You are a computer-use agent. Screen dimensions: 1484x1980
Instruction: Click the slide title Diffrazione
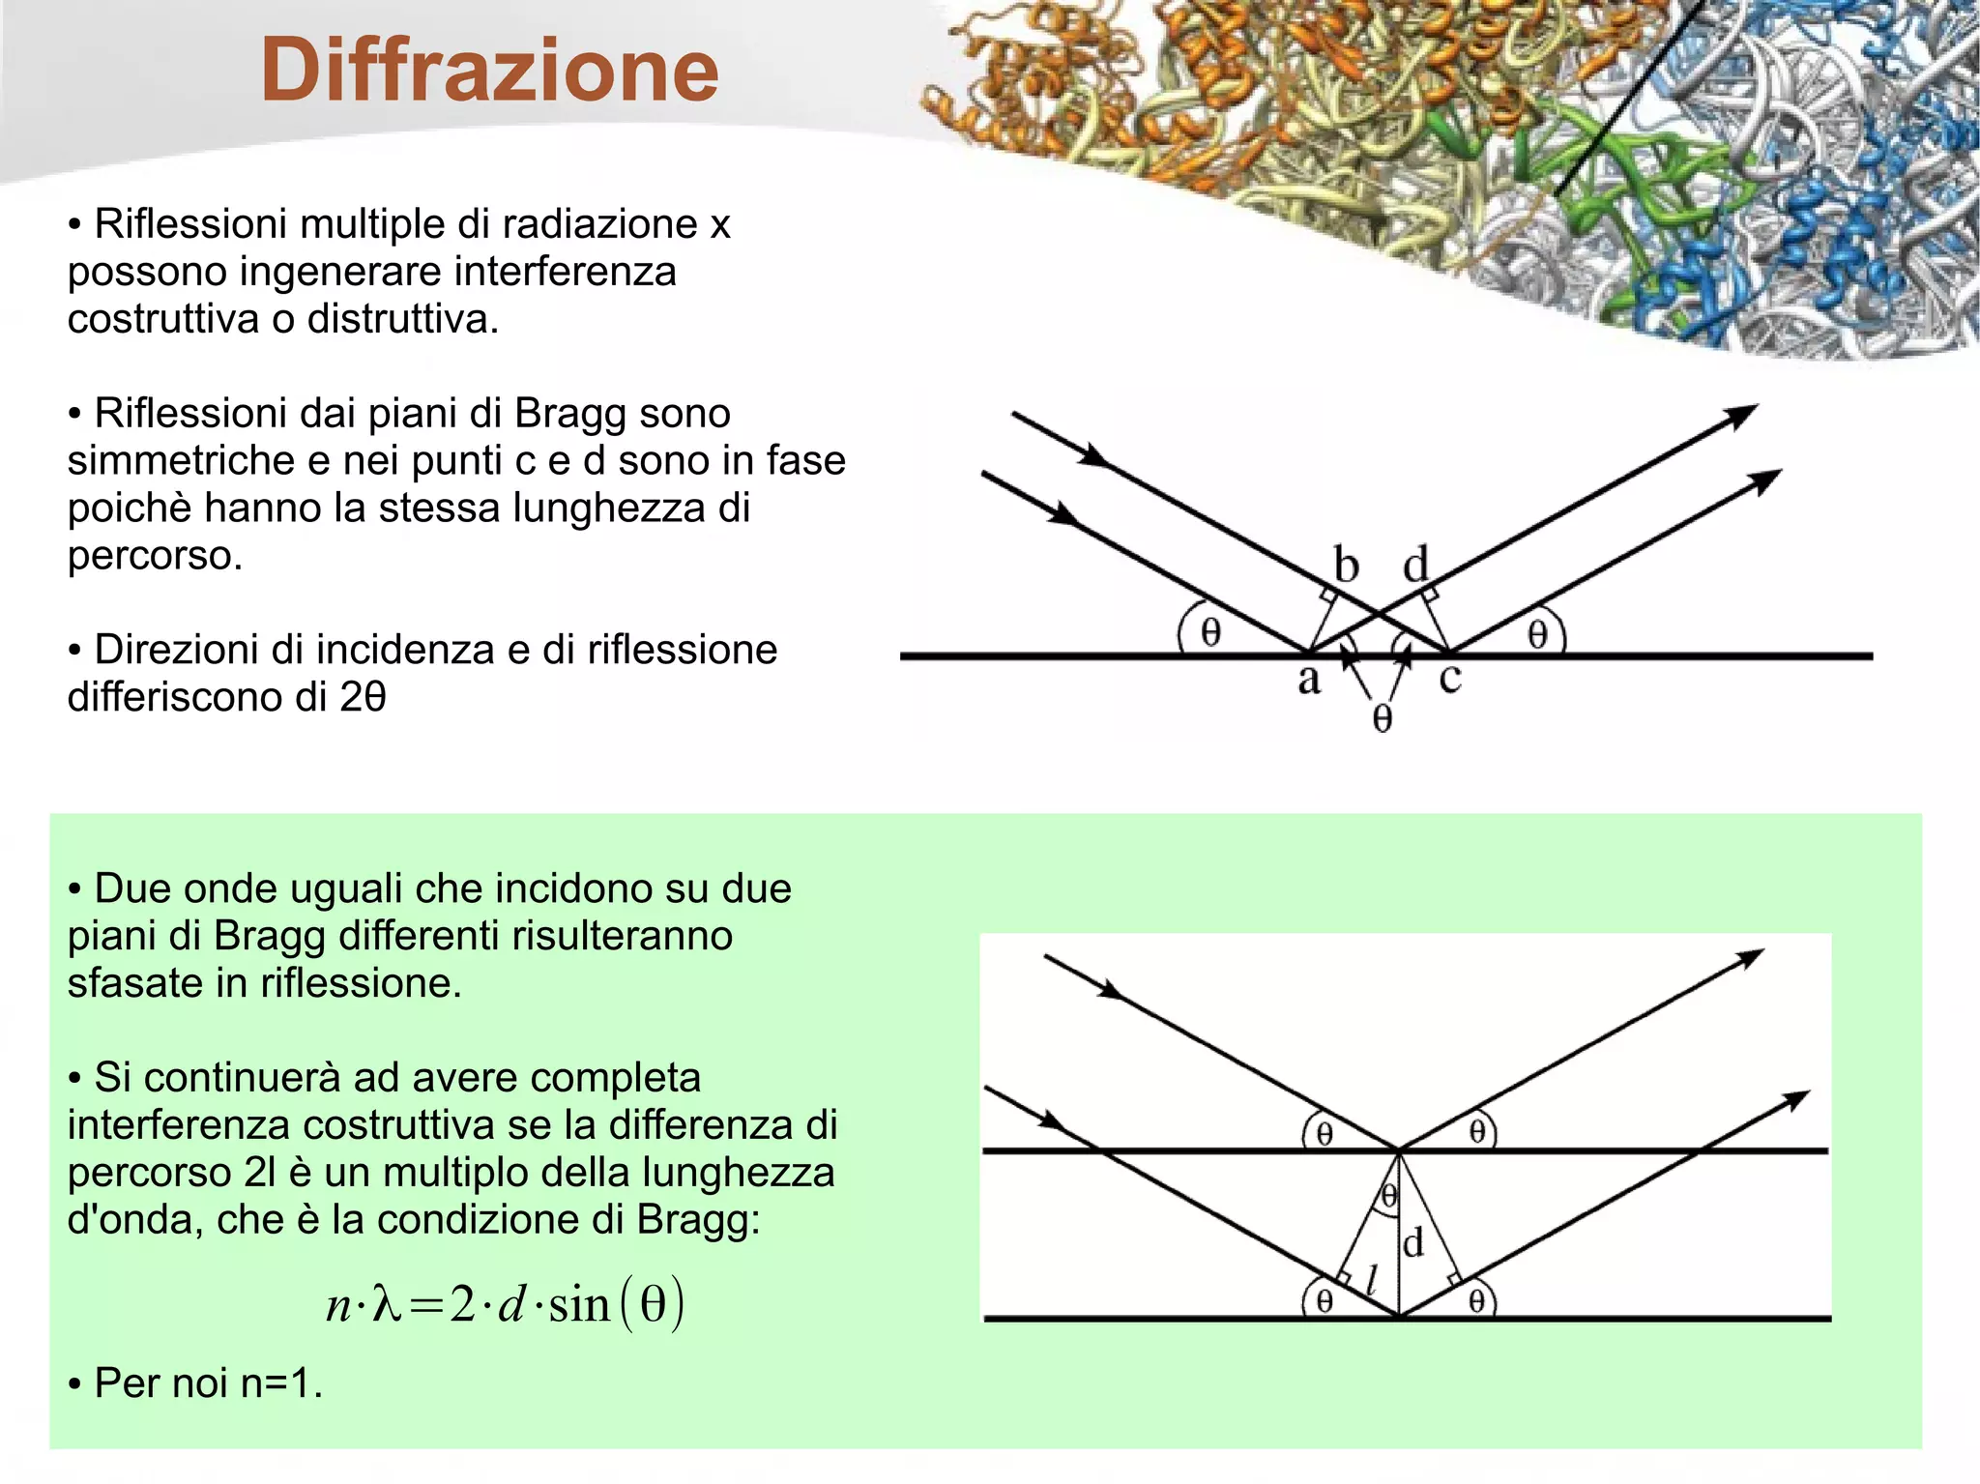(x=489, y=70)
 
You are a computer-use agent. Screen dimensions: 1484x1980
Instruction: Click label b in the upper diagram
(x=1346, y=565)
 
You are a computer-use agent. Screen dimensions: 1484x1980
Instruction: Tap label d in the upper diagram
(x=1415, y=565)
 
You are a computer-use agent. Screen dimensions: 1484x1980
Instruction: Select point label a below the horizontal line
(x=1309, y=680)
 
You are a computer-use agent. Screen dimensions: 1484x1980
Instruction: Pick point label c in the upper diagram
(x=1449, y=679)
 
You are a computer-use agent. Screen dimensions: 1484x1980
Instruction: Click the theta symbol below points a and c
(x=1383, y=718)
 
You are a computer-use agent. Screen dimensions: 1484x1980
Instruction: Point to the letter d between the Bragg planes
(x=1413, y=1242)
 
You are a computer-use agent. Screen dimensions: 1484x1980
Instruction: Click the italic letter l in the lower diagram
(x=1371, y=1278)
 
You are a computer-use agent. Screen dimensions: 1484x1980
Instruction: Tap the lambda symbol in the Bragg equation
(x=386, y=1305)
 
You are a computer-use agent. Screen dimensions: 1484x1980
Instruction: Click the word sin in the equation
(x=580, y=1305)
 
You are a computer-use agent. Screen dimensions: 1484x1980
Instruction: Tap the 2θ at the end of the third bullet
(x=364, y=697)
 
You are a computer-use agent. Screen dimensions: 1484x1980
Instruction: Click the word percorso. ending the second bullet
(x=155, y=556)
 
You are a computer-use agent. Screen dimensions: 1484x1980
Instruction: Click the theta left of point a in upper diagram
(x=1210, y=632)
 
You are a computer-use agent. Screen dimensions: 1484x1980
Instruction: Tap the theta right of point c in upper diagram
(x=1537, y=634)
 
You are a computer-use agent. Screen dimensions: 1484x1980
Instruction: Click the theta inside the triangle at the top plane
(x=1389, y=1197)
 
